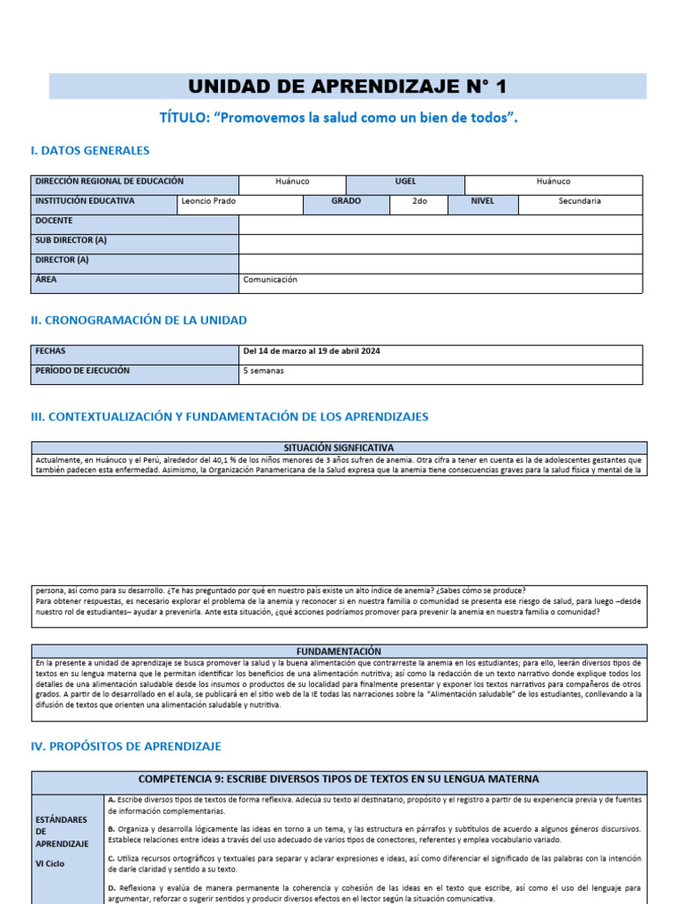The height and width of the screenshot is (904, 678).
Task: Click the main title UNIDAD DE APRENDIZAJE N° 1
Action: (x=348, y=87)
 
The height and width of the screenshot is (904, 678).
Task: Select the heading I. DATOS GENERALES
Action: (x=90, y=151)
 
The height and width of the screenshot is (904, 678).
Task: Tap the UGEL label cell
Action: (x=405, y=181)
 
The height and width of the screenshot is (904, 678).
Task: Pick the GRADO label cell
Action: (x=346, y=201)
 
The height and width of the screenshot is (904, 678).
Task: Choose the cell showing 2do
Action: (x=419, y=201)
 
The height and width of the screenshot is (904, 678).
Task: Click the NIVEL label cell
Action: (x=482, y=201)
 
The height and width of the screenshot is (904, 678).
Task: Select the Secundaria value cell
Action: (x=579, y=201)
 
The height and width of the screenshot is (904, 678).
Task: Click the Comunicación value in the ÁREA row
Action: (x=270, y=280)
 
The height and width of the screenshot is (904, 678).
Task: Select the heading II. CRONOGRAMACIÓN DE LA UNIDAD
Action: (x=139, y=320)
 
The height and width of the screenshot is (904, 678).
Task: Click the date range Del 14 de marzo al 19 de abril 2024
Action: (x=312, y=351)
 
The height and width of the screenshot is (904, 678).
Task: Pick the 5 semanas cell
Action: (x=264, y=372)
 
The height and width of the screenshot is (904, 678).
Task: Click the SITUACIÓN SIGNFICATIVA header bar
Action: (x=339, y=448)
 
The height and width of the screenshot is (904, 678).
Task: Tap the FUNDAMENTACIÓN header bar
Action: (x=339, y=651)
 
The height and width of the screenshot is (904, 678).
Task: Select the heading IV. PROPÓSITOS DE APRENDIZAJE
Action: (x=125, y=747)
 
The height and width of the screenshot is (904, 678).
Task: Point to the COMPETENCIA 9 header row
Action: (x=339, y=780)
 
